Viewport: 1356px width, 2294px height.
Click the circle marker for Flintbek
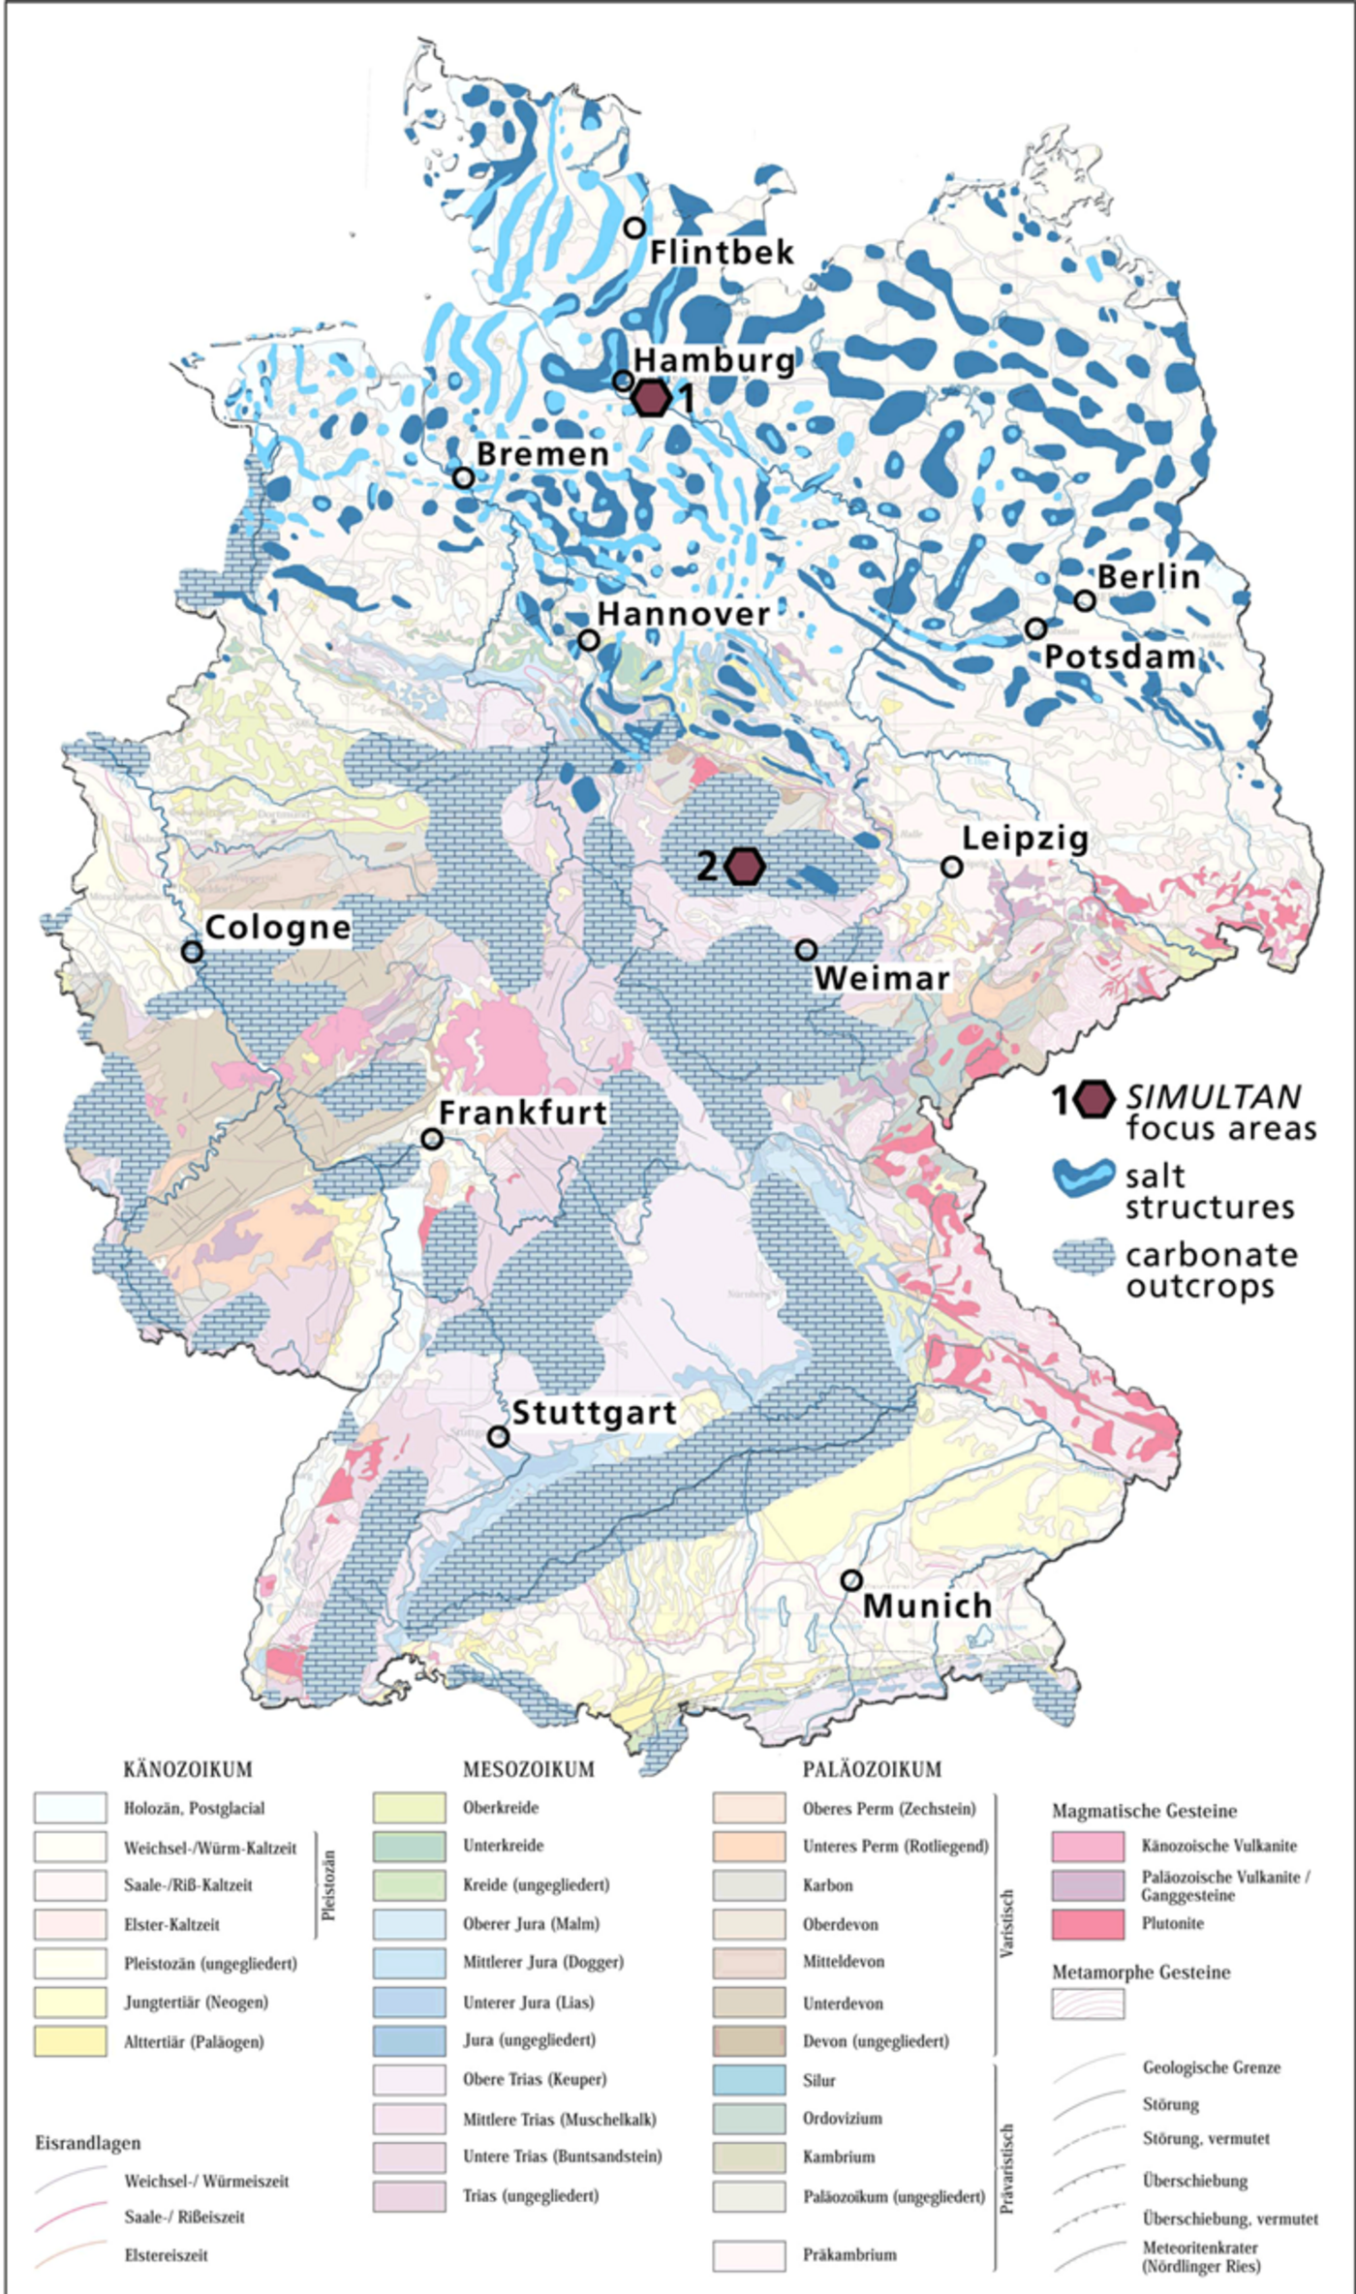point(634,228)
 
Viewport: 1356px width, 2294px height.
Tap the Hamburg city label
point(714,360)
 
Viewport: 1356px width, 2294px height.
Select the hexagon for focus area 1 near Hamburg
point(651,398)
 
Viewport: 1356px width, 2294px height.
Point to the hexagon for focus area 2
point(745,866)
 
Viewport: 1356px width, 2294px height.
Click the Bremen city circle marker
point(464,477)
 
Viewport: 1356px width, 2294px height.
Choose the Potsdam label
point(1119,658)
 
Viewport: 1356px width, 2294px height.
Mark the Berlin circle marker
point(1085,600)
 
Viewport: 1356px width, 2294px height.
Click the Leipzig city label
point(1025,839)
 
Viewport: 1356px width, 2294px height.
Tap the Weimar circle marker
point(806,950)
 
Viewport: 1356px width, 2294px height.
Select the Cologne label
point(278,928)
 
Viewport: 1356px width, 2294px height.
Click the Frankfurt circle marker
point(432,1139)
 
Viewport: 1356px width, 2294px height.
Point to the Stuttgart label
point(593,1413)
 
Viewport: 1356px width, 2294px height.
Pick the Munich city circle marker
point(850,1579)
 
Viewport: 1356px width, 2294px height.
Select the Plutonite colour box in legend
point(1088,1924)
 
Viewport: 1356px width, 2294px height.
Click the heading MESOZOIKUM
point(528,1769)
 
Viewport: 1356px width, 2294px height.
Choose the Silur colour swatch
point(749,2080)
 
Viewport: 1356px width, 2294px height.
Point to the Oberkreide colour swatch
point(409,1808)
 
